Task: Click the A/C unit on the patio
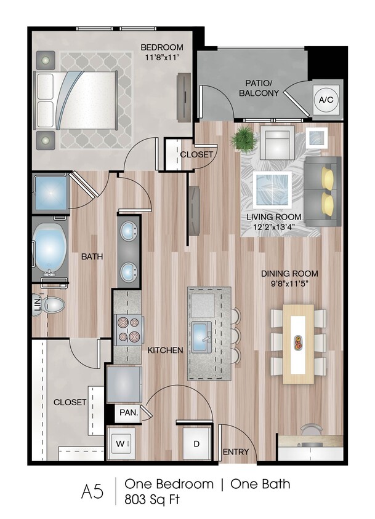326,99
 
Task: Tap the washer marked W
121,443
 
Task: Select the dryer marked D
197,443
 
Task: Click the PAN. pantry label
129,413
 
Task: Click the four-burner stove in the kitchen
129,330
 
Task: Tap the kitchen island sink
202,338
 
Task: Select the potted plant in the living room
244,140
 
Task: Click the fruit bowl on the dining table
299,343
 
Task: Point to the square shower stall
51,193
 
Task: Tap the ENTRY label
236,452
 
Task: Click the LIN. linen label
38,304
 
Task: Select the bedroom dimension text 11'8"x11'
163,57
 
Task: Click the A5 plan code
92,491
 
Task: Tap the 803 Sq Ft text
152,499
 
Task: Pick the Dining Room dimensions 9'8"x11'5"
290,283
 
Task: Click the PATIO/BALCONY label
259,88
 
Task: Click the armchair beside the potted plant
276,145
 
